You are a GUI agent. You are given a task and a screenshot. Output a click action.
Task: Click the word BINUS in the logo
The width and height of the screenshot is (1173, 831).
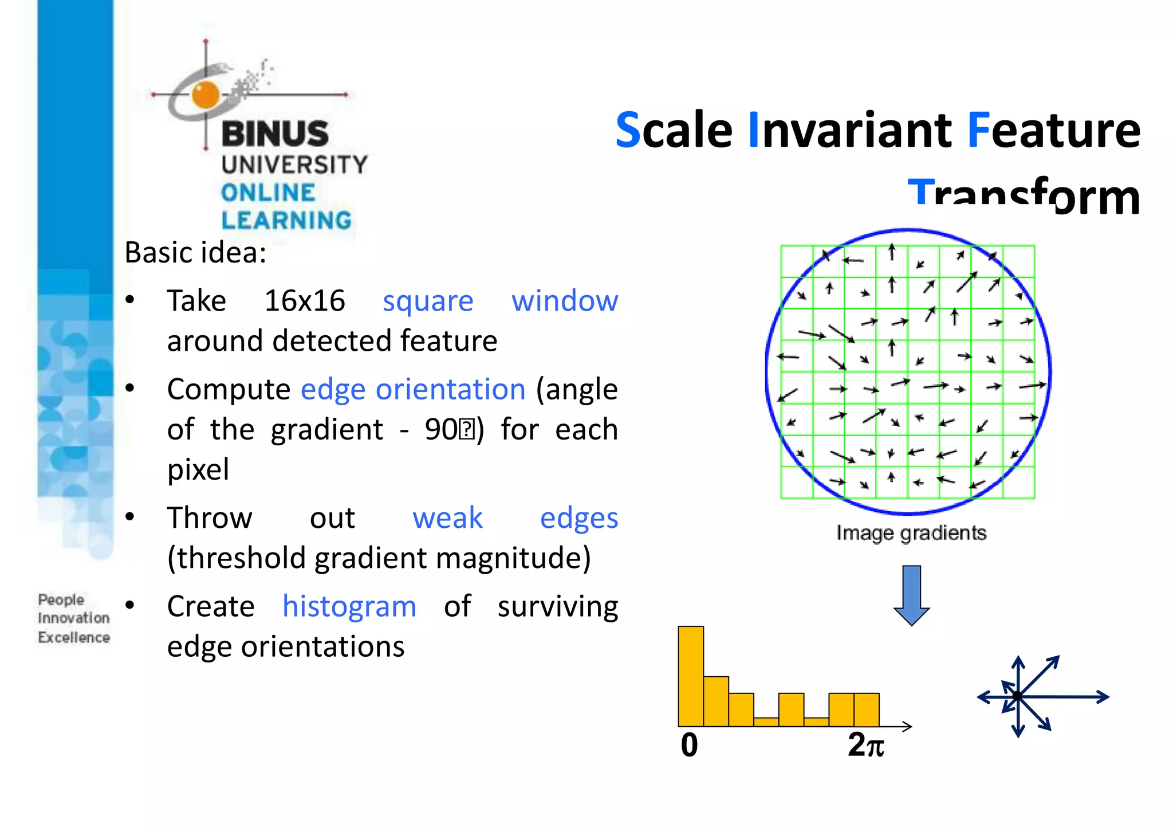pos(275,134)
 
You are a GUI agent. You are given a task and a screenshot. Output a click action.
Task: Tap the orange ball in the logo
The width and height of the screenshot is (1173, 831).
pos(206,95)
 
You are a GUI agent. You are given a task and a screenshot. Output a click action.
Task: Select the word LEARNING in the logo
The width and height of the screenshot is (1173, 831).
pos(286,220)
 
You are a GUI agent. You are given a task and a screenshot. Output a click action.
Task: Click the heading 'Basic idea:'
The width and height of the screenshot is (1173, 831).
pos(195,253)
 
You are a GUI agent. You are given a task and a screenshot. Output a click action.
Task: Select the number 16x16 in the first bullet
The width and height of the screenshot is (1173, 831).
pos(305,301)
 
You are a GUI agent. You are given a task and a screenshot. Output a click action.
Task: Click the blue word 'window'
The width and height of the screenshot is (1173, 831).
pos(564,301)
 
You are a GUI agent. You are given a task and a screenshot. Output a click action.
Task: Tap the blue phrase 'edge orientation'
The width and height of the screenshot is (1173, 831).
pos(413,390)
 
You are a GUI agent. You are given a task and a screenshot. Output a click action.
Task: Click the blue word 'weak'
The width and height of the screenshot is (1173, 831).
pos(447,518)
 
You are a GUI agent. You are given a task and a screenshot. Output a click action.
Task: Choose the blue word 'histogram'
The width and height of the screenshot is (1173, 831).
pos(349,606)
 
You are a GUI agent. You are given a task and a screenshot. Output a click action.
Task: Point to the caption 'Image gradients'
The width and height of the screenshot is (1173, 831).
pos(911,533)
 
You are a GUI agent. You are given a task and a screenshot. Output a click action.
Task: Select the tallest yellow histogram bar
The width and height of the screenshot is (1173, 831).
pos(691,676)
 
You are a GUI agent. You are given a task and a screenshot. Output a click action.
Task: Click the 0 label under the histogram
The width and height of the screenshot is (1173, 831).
pos(689,745)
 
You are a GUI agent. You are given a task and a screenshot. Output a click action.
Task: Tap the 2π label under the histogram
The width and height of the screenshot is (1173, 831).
pos(865,745)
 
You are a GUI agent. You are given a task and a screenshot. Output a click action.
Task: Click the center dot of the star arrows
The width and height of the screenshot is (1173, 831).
pos(1017,696)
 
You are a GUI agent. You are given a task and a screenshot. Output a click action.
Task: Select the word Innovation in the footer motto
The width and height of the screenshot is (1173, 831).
pos(73,618)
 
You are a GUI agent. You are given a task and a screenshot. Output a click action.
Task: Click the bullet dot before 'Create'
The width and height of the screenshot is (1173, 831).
pos(130,605)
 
